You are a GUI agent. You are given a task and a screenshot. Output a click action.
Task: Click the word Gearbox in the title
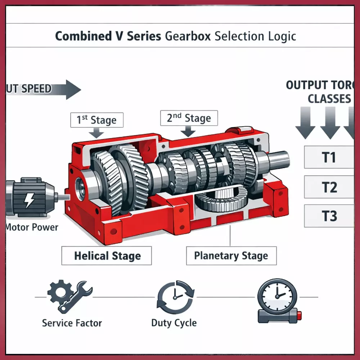click(188, 36)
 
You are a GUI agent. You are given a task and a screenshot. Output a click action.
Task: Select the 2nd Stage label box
click(189, 118)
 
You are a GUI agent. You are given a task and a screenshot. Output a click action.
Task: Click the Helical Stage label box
click(107, 256)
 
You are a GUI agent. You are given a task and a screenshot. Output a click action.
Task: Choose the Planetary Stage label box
click(231, 256)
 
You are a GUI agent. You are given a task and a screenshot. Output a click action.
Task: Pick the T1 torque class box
click(329, 157)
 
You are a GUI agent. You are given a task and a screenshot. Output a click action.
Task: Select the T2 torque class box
click(329, 187)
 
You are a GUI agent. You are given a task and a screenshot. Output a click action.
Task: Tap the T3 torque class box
click(329, 216)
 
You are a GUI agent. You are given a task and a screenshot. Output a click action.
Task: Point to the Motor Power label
click(32, 228)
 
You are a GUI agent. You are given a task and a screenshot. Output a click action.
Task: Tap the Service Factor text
click(72, 323)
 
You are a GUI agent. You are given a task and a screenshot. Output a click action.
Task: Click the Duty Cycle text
click(174, 323)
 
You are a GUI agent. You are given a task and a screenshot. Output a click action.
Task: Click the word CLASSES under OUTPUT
click(329, 99)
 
